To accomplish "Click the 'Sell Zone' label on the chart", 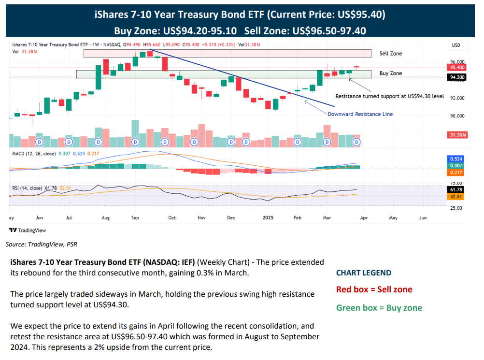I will [x=390, y=54].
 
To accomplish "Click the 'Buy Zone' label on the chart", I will [x=390, y=73].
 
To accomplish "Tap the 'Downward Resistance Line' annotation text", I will [x=360, y=114].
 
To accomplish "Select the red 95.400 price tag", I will [x=457, y=68].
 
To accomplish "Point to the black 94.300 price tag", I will [x=457, y=77].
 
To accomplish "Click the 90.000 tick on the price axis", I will [x=457, y=116].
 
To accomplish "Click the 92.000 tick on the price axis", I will [x=457, y=98].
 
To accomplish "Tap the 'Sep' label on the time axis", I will [x=135, y=218].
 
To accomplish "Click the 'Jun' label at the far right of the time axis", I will [x=423, y=218].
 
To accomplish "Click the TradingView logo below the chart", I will [x=28, y=230].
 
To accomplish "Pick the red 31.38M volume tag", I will [x=457, y=135].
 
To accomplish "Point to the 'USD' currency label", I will [x=456, y=45].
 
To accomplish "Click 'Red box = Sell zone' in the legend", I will [x=374, y=290].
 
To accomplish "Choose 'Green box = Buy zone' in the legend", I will [x=379, y=308].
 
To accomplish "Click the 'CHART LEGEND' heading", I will [x=363, y=273].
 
